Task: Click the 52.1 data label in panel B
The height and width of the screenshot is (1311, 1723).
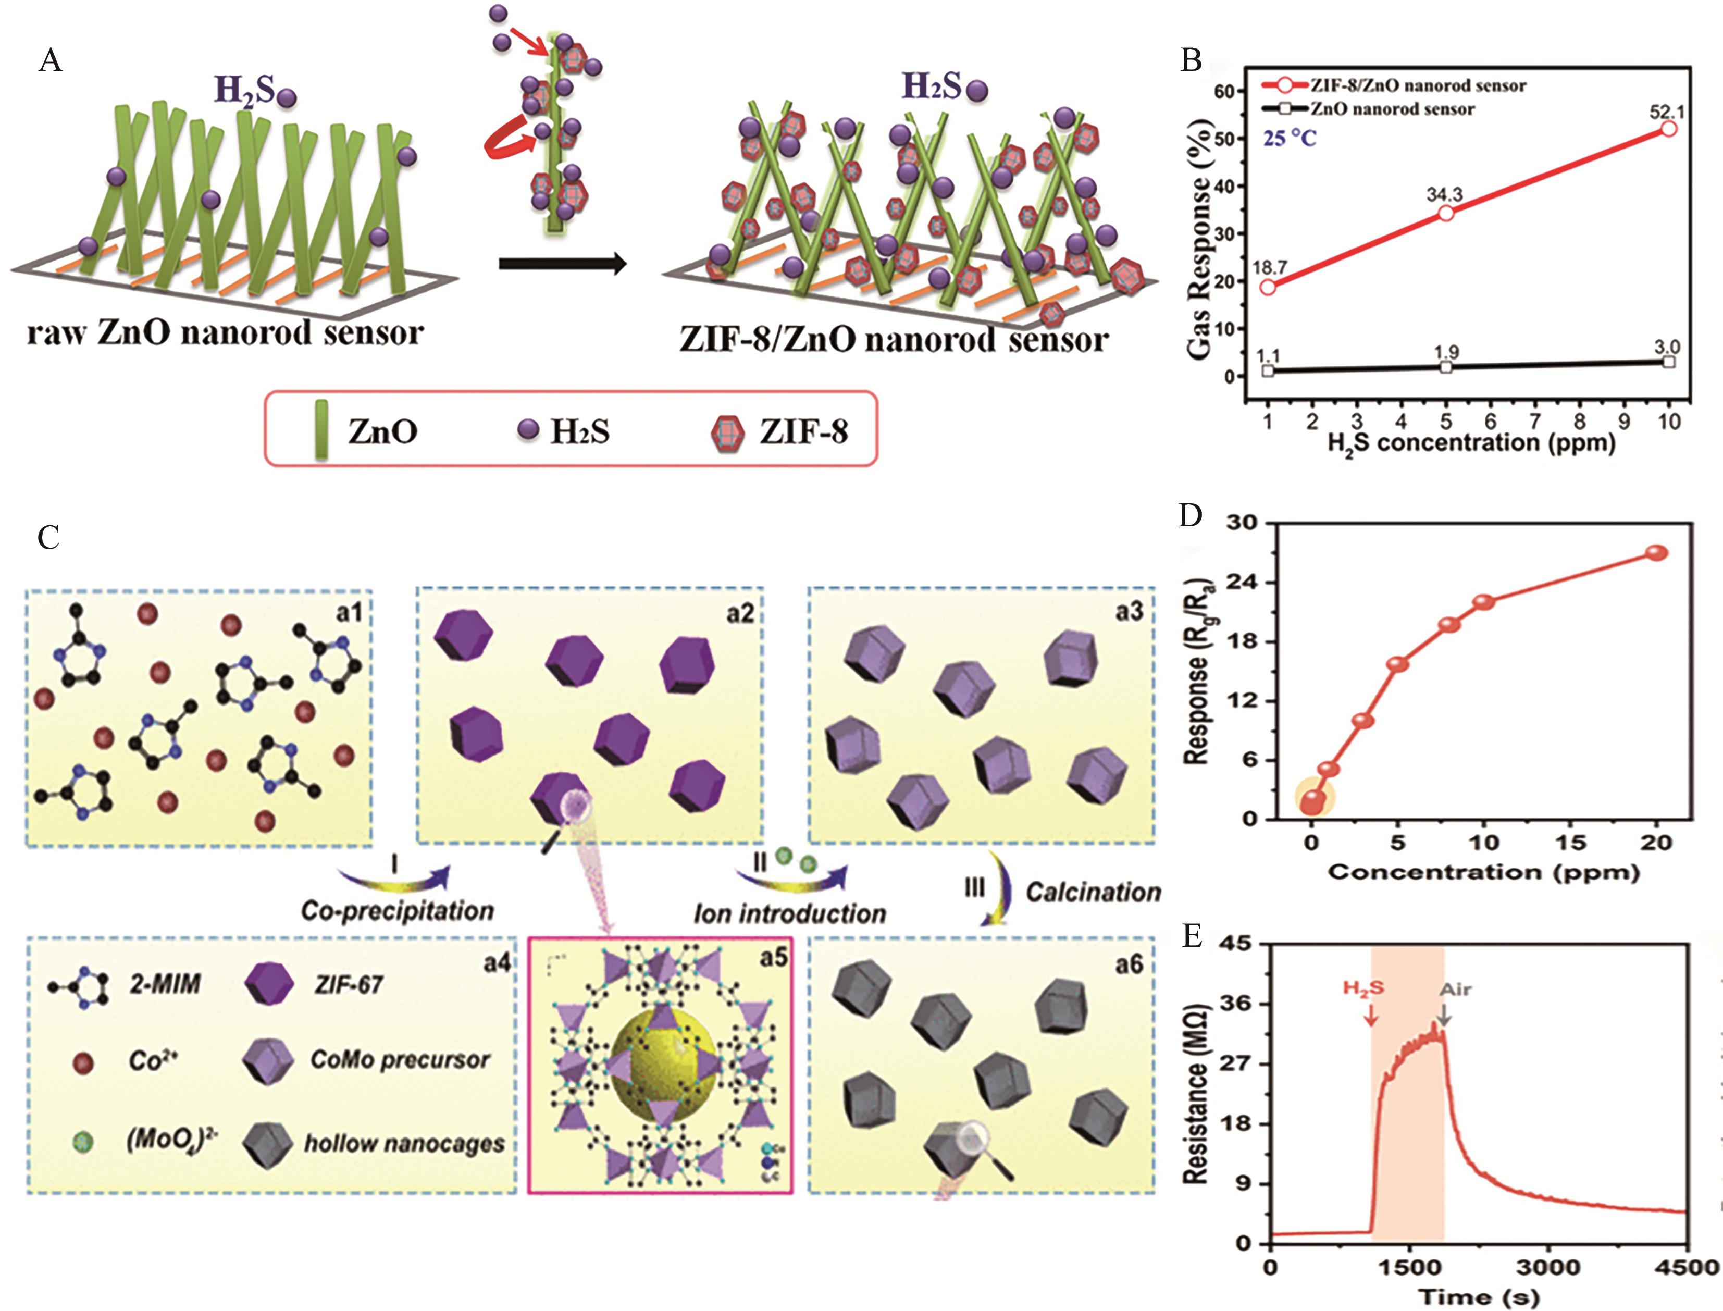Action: tap(1667, 112)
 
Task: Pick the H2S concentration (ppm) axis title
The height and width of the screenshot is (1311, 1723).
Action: tap(1470, 444)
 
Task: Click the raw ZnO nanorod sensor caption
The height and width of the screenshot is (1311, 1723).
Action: tap(225, 332)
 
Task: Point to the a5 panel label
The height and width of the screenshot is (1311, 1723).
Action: tap(773, 958)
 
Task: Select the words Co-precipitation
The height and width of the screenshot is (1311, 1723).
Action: tap(397, 911)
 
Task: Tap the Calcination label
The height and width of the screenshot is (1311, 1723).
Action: tap(1093, 892)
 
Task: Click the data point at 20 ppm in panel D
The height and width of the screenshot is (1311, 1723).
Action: tap(1656, 552)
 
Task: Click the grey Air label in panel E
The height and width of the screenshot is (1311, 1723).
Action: tap(1455, 990)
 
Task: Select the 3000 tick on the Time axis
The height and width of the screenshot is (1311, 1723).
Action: tap(1548, 1267)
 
